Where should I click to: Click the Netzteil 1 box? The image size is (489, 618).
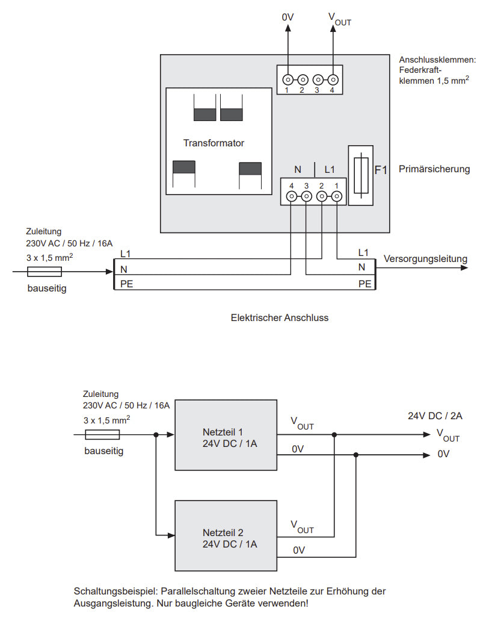coord(226,435)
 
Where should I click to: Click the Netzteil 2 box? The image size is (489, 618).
coord(226,535)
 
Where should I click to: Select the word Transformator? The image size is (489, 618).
coord(214,143)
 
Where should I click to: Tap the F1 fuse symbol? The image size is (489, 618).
coord(361,175)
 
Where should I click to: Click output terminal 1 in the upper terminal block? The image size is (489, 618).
coord(288,80)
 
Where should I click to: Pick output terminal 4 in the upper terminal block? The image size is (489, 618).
coord(333,80)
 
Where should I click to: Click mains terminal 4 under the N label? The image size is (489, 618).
coord(291,196)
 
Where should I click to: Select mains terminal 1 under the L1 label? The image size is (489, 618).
coord(337,196)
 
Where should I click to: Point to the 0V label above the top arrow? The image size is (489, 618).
coord(288,17)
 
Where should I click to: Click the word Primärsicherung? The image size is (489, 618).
coord(434,169)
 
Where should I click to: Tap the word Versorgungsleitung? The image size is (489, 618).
coord(425,259)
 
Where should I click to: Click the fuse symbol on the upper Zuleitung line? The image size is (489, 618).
coord(45,272)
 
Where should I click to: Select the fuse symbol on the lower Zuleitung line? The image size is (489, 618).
coord(102,435)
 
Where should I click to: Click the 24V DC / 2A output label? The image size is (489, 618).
coord(435,416)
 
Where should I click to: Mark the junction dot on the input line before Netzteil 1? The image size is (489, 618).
coord(156,435)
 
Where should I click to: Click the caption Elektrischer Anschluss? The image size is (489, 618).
coord(280,317)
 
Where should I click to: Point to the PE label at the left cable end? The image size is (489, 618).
coord(126,284)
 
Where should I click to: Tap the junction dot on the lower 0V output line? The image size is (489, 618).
coord(356,455)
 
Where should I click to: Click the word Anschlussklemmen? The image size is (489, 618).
coord(437,60)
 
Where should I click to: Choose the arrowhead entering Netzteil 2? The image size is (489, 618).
coord(171,535)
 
